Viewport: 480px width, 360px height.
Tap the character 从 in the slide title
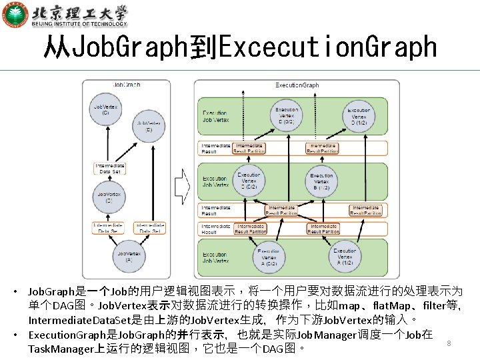click(57, 47)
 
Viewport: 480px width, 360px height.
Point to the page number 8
click(449, 343)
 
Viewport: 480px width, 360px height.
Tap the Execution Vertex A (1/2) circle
click(344, 256)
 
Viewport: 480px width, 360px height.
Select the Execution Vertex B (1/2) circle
click(321, 180)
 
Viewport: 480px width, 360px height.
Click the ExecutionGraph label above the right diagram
click(297, 85)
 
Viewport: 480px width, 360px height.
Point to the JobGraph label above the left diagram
click(127, 85)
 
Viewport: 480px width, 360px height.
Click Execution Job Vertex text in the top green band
click(215, 117)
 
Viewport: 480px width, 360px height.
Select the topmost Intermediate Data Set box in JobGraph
click(108, 168)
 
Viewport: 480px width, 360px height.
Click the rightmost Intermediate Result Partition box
click(365, 211)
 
